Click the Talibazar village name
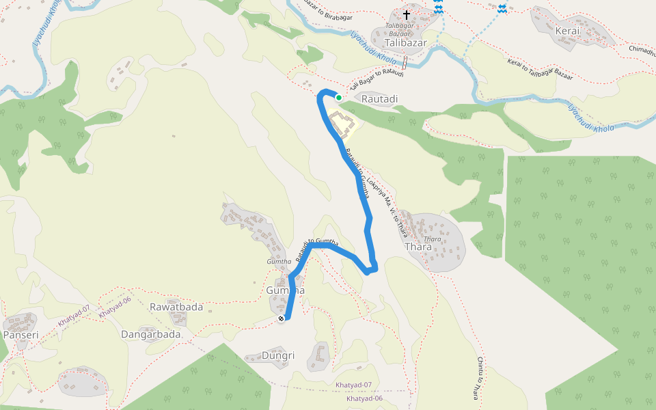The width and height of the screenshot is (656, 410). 405,42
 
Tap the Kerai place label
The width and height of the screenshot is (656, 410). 567,31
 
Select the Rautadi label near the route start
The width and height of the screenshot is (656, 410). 379,99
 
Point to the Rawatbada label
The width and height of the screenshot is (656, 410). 176,307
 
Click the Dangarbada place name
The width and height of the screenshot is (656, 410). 150,335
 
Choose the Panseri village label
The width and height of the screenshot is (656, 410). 20,335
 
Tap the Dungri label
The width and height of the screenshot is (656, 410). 278,355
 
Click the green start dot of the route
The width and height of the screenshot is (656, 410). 338,98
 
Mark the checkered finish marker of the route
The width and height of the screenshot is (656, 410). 281,318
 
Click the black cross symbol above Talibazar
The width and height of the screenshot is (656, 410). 407,14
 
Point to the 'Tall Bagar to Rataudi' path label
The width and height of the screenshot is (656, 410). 377,80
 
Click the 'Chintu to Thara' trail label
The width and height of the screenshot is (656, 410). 480,379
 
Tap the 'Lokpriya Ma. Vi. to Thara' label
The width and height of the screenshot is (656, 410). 387,202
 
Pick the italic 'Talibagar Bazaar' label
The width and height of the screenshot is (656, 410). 400,29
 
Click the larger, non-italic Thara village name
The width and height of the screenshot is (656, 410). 418,247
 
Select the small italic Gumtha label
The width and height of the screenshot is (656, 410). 279,262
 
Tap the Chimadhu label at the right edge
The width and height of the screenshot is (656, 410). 642,50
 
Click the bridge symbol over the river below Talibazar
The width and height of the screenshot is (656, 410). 405,64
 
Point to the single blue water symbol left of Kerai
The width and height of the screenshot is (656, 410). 502,8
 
